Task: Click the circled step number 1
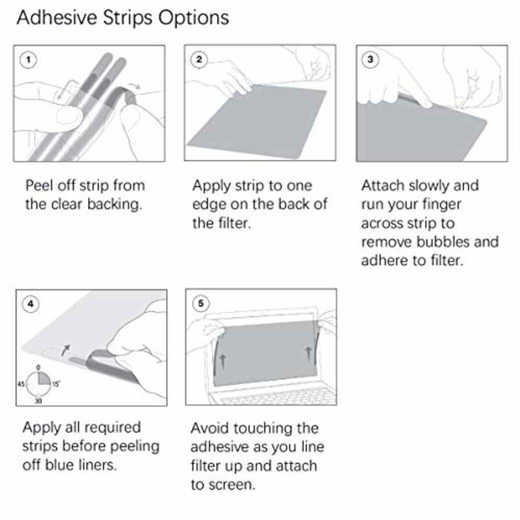(28, 60)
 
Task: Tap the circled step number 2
(199, 59)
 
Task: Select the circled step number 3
(370, 59)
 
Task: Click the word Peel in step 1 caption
(38, 186)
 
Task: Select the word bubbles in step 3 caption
(450, 242)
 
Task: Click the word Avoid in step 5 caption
(210, 428)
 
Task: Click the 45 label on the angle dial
(21, 384)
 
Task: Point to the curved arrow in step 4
(64, 349)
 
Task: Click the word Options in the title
(193, 18)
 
